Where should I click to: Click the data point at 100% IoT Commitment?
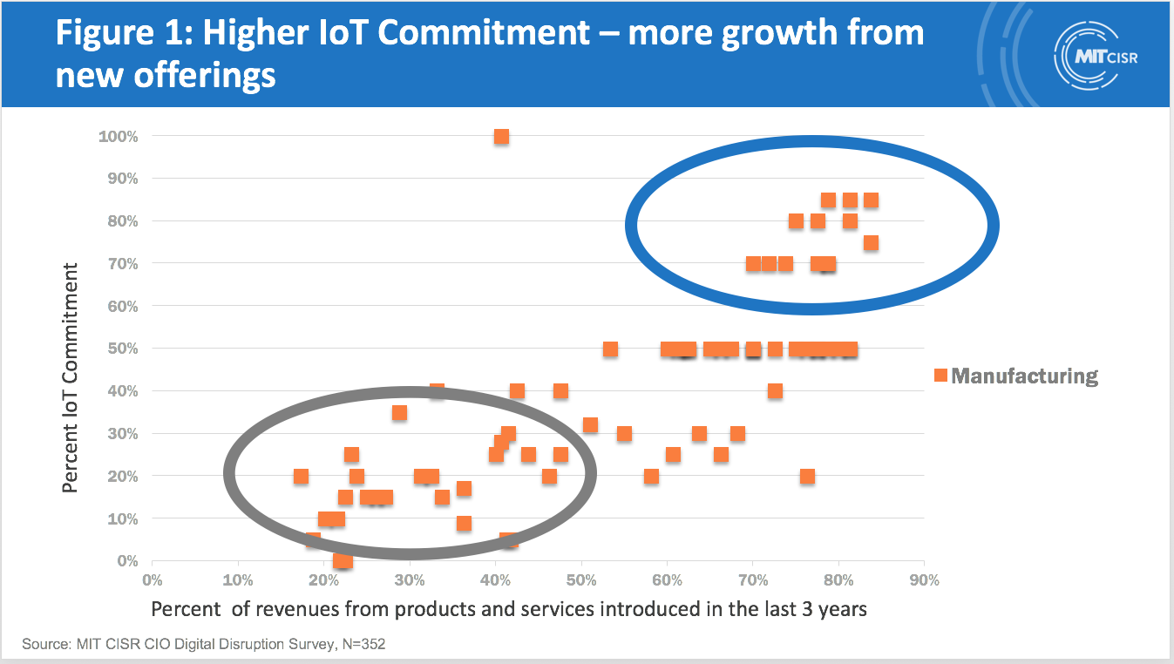(x=501, y=136)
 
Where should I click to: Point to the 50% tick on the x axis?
(x=580, y=579)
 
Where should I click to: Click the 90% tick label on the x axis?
(x=924, y=579)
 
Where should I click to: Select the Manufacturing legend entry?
(x=1015, y=376)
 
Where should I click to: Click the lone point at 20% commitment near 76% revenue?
(x=807, y=476)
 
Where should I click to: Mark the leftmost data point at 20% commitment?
(x=301, y=476)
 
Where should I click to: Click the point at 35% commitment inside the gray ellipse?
(x=399, y=412)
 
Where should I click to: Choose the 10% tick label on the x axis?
(x=238, y=579)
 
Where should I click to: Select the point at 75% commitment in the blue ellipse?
(x=871, y=243)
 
